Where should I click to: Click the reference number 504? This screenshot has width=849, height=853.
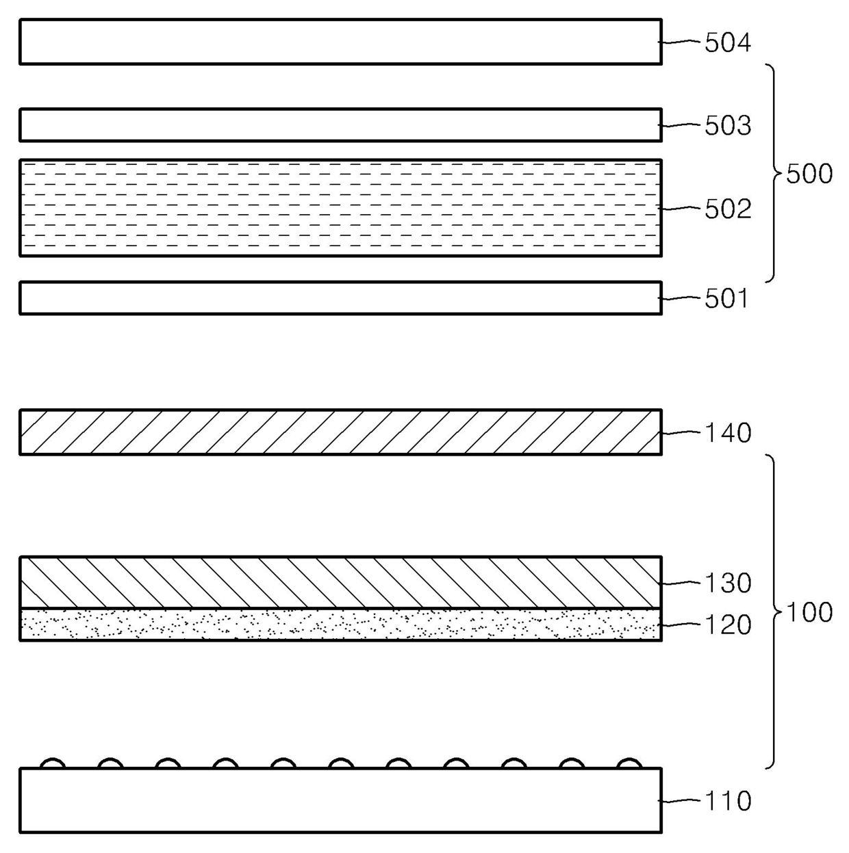728,43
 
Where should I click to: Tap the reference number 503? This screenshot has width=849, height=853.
728,126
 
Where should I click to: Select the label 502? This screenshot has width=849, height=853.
728,209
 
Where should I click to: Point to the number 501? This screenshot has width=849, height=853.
726,299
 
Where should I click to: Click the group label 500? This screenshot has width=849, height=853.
809,174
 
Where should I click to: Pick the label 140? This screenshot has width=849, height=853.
728,433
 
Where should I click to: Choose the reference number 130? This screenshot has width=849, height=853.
728,583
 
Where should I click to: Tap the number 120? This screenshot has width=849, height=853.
728,625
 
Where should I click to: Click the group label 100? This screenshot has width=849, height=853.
809,612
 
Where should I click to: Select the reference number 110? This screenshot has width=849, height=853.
727,801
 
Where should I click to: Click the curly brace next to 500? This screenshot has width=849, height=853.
774,173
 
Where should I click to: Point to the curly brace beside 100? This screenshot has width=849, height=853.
774,611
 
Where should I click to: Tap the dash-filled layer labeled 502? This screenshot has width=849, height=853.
340,208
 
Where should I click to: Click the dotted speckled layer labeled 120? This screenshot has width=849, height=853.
340,625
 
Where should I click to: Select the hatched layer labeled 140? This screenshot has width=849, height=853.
340,432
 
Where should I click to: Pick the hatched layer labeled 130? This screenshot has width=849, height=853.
340,582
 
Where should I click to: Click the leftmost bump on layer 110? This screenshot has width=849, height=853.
53,763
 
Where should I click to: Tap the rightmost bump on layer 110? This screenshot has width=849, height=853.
629,763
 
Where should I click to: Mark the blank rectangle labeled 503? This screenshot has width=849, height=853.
340,125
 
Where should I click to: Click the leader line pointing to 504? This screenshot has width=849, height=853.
681,42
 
